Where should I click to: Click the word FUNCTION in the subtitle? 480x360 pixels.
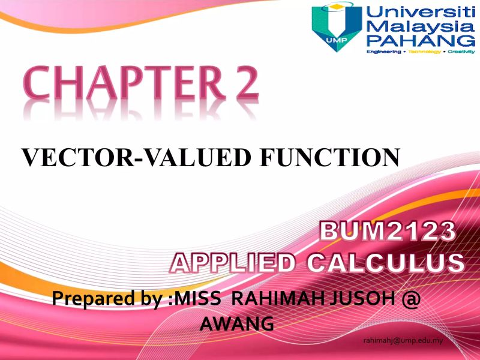coord(329,157)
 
